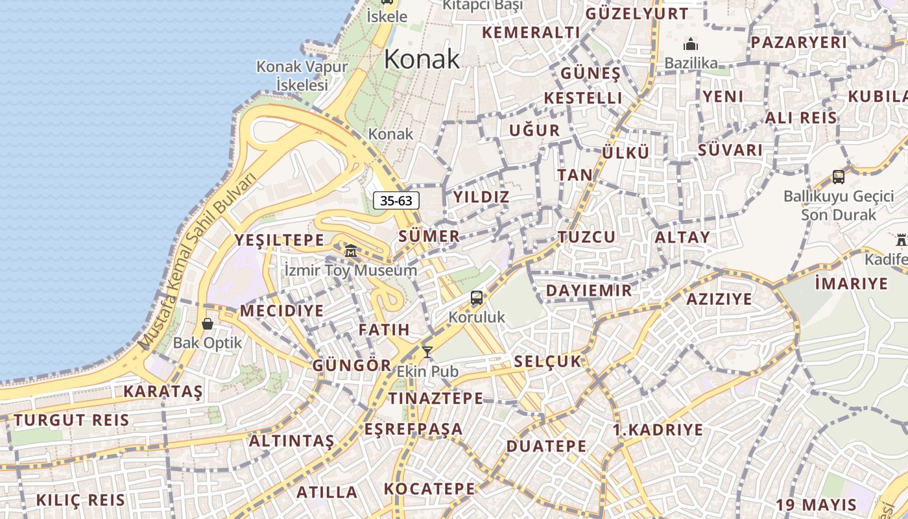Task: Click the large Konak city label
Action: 422,59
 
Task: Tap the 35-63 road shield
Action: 396,200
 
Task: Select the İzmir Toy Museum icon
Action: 350,250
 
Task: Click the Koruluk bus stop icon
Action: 477,298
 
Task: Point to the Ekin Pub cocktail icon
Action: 427,352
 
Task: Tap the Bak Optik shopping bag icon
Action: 208,323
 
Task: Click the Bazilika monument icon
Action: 691,45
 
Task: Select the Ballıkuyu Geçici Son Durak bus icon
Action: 838,176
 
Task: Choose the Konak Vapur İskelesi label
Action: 302,75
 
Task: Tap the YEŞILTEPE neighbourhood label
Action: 279,240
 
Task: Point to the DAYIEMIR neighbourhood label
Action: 588,290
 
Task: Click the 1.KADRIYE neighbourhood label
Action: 658,429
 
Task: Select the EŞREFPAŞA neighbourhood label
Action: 413,429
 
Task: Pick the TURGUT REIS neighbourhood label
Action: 71,420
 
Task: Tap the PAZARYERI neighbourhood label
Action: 798,42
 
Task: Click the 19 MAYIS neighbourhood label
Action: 816,505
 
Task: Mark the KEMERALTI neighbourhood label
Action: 531,32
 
